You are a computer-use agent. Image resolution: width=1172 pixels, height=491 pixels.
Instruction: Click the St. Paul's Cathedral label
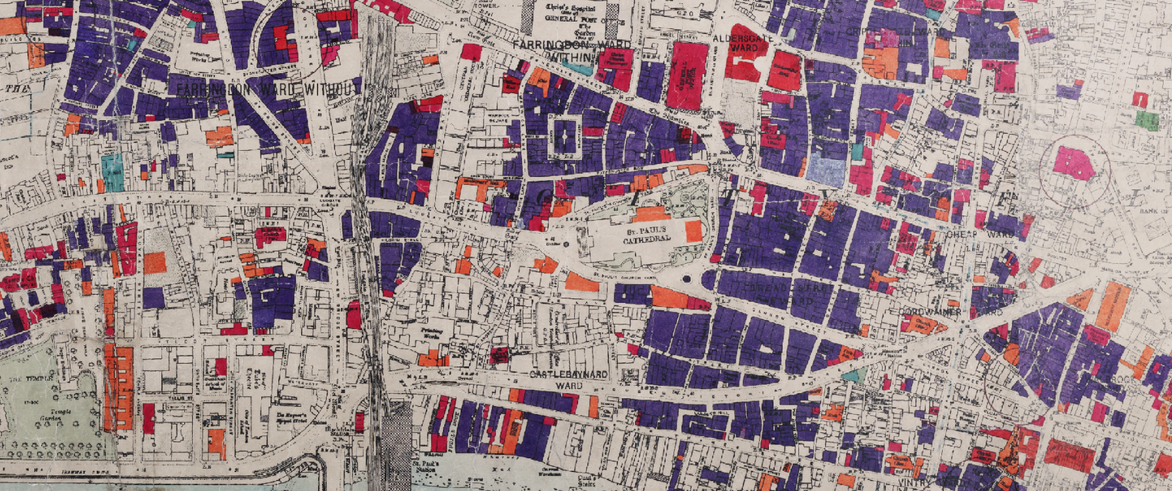click(x=646, y=236)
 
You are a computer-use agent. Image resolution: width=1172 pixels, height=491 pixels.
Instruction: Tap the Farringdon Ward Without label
click(x=268, y=89)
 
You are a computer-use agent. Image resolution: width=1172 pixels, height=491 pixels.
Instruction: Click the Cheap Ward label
click(x=979, y=234)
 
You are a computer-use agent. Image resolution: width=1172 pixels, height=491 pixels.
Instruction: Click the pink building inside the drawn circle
click(x=1073, y=163)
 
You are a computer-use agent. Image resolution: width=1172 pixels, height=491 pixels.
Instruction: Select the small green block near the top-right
click(x=1147, y=120)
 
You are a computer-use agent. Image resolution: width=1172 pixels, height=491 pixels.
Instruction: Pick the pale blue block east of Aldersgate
click(x=826, y=170)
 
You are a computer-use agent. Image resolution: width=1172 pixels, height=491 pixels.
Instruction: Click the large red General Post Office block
click(x=686, y=75)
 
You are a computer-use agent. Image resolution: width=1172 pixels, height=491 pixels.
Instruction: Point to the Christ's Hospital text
click(x=570, y=8)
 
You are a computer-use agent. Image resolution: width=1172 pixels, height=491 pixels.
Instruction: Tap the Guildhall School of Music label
click(x=216, y=383)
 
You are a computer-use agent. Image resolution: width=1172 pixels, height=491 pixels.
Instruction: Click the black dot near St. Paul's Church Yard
click(x=686, y=279)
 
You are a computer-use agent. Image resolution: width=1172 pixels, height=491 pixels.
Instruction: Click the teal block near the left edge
click(x=113, y=172)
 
